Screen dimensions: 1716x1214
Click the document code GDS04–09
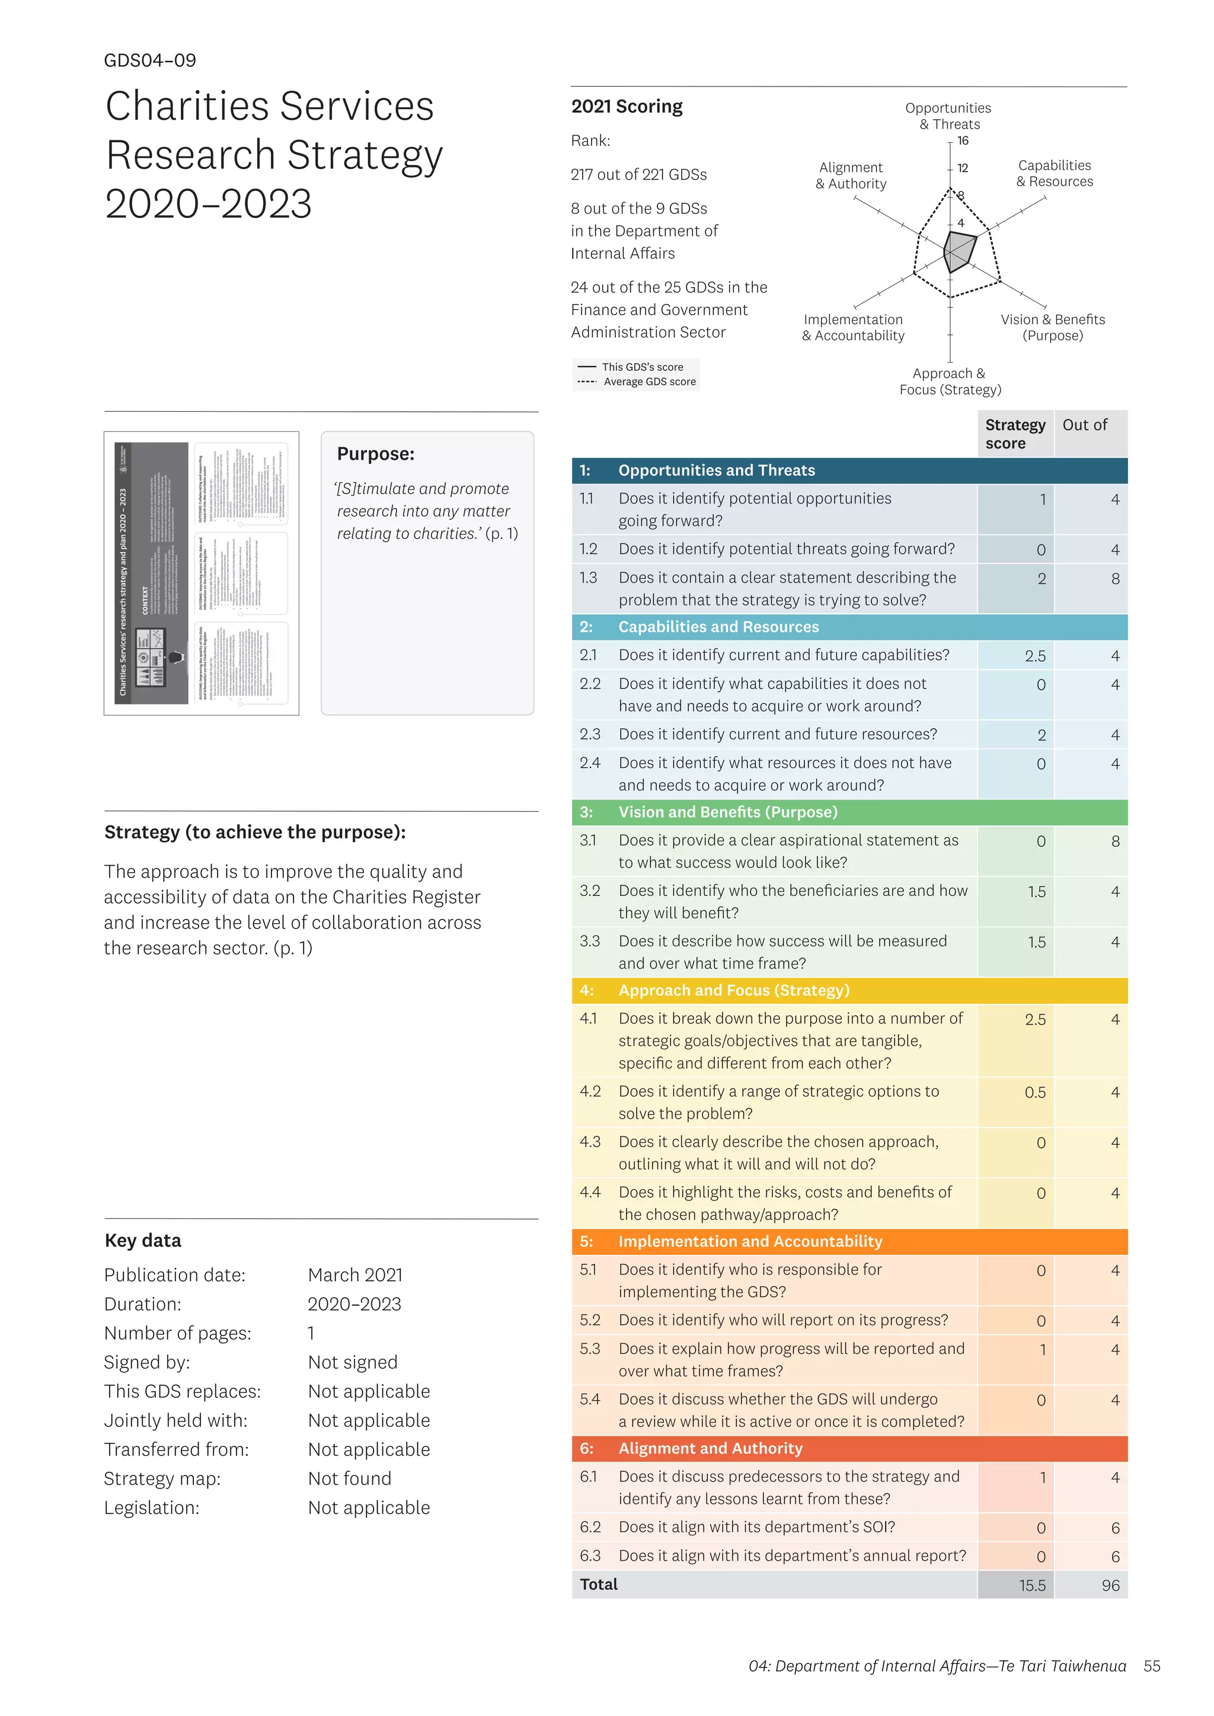(149, 60)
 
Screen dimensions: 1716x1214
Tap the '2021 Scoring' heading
(627, 107)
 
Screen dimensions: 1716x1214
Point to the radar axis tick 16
(963, 140)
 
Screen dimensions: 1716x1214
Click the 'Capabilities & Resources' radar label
(1054, 174)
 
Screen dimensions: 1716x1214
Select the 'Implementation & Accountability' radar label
(853, 327)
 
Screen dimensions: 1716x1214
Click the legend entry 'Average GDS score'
(649, 382)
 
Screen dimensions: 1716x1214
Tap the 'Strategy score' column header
(1014, 434)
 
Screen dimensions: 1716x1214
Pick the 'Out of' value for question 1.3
(1114, 578)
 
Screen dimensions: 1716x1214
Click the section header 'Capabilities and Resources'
(718, 627)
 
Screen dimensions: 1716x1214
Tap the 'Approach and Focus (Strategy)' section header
(733, 990)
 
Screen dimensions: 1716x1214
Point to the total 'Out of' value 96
(1110, 1585)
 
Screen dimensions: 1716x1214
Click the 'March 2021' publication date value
(355, 1275)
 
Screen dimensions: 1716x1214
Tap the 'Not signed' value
(352, 1362)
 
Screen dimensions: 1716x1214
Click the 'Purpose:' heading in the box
(375, 454)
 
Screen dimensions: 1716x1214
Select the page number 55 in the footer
(1151, 1666)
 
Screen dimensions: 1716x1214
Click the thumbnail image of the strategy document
(201, 573)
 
